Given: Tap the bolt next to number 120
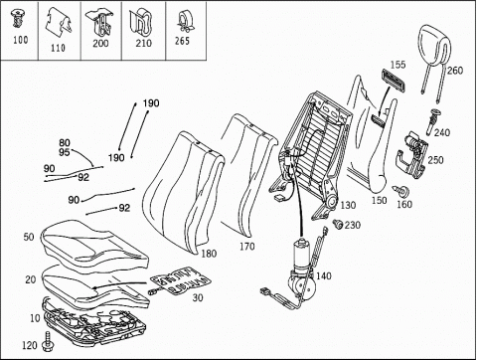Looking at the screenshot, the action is click(x=48, y=341).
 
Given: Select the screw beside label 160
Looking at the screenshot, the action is click(x=401, y=191).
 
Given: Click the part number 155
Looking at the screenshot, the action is click(x=397, y=65).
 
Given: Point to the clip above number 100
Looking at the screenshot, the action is click(x=17, y=19).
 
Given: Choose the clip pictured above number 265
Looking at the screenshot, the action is click(x=183, y=22).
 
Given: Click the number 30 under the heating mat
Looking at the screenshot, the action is click(x=198, y=297).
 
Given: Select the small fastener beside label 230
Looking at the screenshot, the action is click(x=338, y=225).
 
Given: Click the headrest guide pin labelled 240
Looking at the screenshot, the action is click(x=433, y=121).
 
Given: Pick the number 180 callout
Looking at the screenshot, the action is click(x=209, y=254).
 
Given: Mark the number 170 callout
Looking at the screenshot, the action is click(x=247, y=247).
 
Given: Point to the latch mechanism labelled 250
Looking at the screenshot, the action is click(x=412, y=152).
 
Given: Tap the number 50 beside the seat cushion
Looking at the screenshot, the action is click(x=29, y=237).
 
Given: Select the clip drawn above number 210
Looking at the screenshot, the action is click(x=142, y=22).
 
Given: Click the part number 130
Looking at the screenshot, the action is click(x=348, y=205).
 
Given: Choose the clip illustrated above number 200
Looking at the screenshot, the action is click(x=100, y=22).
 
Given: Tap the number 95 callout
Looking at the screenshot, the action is click(x=65, y=152).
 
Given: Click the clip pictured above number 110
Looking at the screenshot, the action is click(x=59, y=22).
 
